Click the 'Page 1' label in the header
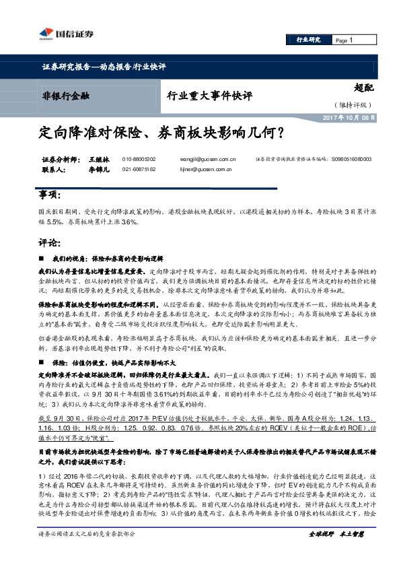point(344,40)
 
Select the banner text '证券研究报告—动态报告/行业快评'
point(103,67)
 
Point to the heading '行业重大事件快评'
point(208,95)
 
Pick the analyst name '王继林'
point(98,159)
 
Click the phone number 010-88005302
point(139,159)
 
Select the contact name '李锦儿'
point(98,170)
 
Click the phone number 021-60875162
point(139,170)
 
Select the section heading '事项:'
point(50,195)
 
